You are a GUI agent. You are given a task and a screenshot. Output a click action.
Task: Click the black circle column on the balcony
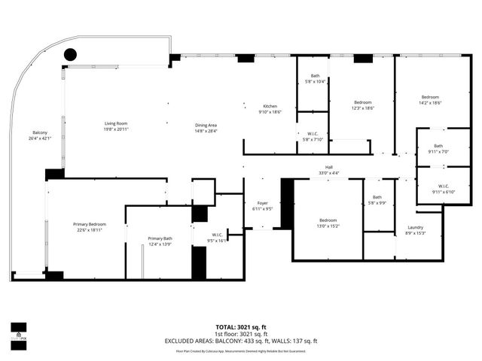point(70,54)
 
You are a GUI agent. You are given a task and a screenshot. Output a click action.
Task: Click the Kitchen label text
point(270,106)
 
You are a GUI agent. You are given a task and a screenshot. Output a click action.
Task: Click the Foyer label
point(262,203)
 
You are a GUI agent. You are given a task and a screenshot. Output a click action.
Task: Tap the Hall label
point(328,168)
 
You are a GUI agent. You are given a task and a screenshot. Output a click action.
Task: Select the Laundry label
point(415,227)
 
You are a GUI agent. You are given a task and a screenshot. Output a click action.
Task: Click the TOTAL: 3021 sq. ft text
point(241,327)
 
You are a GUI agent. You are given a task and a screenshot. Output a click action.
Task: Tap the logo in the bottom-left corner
point(18,330)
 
